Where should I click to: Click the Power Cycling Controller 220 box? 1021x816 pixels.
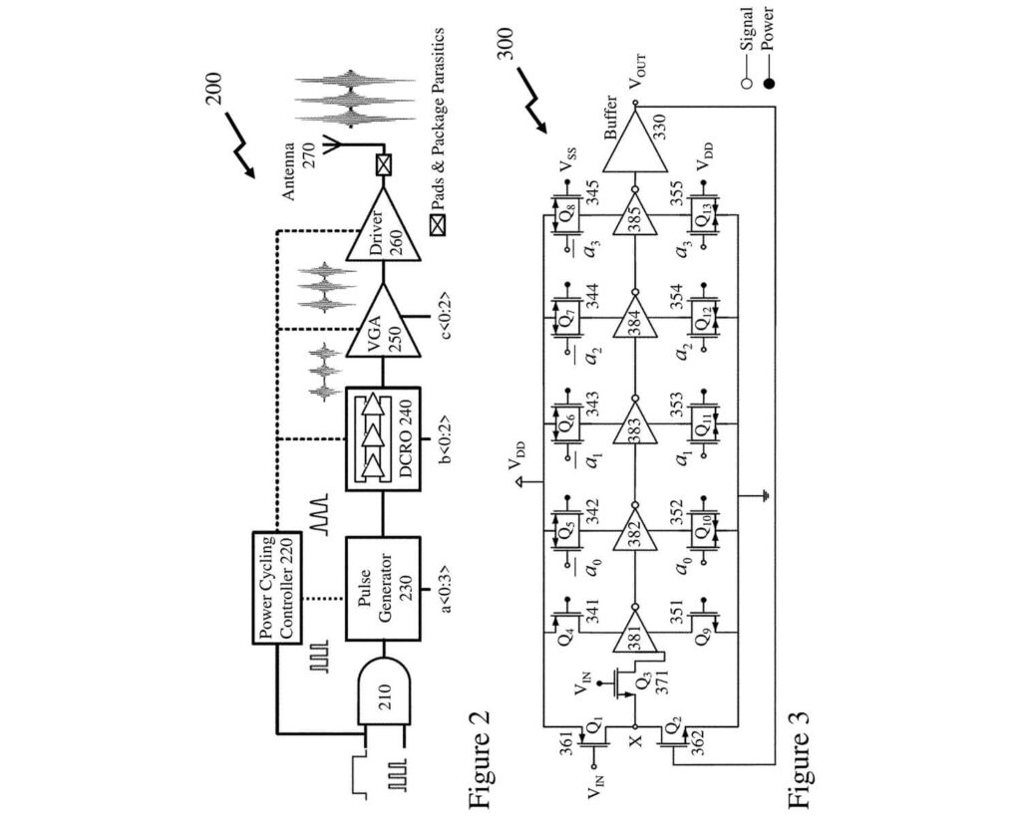click(277, 588)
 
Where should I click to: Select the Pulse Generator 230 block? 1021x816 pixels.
click(383, 589)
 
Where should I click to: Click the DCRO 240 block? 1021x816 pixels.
click(383, 439)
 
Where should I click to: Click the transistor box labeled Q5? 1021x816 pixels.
click(567, 530)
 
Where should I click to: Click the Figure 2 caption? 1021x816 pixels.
click(479, 760)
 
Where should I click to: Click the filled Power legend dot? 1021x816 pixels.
click(769, 83)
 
